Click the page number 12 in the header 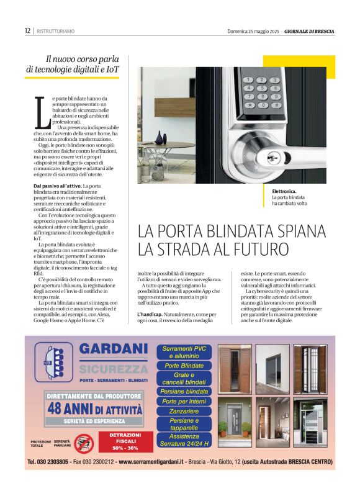27,30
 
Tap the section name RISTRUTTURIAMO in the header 56,31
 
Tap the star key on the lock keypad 250,104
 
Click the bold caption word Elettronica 285,192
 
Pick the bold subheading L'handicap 150,315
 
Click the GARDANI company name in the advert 114,351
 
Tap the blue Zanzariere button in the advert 184,411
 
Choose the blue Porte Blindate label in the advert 184,366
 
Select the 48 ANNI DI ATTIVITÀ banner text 95,408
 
